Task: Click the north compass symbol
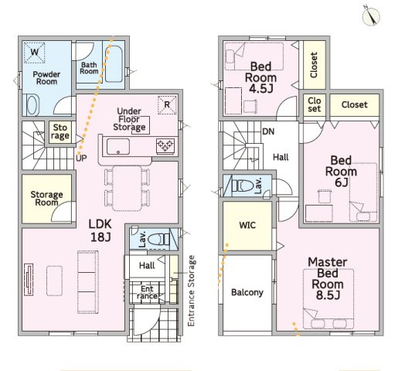click(x=371, y=15)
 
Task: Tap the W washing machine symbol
click(x=34, y=53)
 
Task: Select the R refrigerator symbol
click(x=167, y=104)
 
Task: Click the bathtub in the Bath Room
click(x=114, y=64)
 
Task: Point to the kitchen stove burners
click(x=165, y=146)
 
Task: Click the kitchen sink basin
click(x=118, y=147)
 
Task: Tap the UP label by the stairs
click(x=81, y=158)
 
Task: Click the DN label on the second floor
click(x=268, y=131)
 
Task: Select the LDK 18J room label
click(x=100, y=230)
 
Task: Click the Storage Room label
click(x=46, y=199)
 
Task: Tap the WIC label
click(x=247, y=225)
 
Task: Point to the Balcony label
click(x=247, y=292)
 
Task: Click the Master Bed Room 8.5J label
click(x=328, y=278)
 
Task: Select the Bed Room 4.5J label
click(x=260, y=77)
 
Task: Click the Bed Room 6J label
click(x=341, y=172)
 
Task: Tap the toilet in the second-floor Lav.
click(x=243, y=185)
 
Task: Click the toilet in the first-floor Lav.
click(x=158, y=240)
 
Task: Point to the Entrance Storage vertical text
click(x=191, y=291)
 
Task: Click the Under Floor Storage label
click(x=129, y=119)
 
